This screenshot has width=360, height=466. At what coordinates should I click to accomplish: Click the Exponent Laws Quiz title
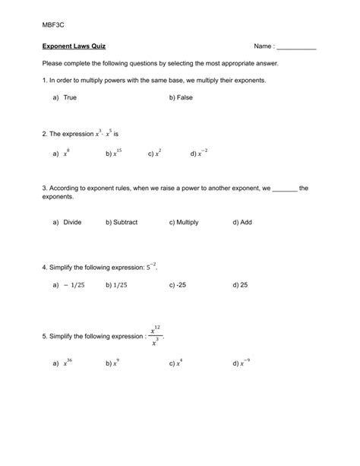(74, 46)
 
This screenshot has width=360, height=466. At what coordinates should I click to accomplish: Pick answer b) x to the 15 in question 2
(114, 153)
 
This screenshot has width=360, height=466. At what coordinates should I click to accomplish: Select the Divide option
(67, 223)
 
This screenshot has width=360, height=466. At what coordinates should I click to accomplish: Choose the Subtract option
(122, 223)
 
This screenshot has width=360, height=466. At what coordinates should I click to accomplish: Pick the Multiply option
(184, 223)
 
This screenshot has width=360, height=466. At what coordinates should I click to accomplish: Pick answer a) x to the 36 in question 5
(65, 363)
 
